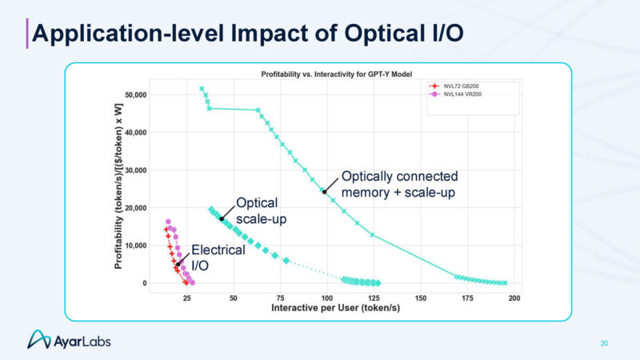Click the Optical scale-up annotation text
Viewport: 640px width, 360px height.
point(258,210)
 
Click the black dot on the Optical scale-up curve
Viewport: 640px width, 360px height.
point(222,218)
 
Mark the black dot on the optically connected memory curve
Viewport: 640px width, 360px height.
point(324,191)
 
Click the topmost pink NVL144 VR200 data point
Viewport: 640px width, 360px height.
point(168,222)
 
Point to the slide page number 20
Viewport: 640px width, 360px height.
point(604,343)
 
